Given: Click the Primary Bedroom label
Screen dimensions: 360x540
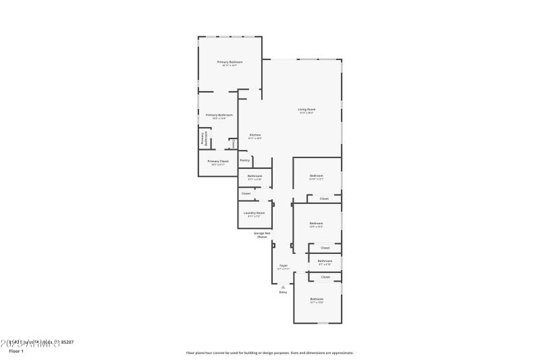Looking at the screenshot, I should (x=230, y=62).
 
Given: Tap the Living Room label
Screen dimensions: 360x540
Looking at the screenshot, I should (x=307, y=109).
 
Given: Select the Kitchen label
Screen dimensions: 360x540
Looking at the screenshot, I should (x=255, y=135).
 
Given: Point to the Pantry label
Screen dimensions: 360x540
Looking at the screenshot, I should (x=245, y=160).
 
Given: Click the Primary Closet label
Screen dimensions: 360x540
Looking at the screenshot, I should (x=218, y=161).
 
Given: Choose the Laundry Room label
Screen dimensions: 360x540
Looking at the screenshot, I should (x=255, y=213).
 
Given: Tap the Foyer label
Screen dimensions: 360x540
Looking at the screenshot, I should (x=283, y=265).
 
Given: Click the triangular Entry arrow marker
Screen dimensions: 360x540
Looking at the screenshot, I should (x=283, y=286).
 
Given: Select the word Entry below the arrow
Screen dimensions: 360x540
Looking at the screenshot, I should (x=283, y=292).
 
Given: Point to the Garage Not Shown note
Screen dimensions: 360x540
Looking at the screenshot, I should (x=262, y=235).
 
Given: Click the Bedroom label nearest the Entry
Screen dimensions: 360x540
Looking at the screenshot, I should (x=317, y=299).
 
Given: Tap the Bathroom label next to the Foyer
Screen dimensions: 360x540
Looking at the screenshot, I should (x=325, y=261).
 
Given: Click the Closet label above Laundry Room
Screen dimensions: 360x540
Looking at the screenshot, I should (x=246, y=194).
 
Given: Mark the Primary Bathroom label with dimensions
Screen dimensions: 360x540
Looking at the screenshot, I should (x=219, y=115).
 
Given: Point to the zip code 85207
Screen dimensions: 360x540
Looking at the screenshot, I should (x=67, y=342).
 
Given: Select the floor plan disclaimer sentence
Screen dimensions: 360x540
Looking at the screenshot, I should (x=269, y=353).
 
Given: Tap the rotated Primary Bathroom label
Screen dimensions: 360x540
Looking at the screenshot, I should (x=203, y=138).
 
